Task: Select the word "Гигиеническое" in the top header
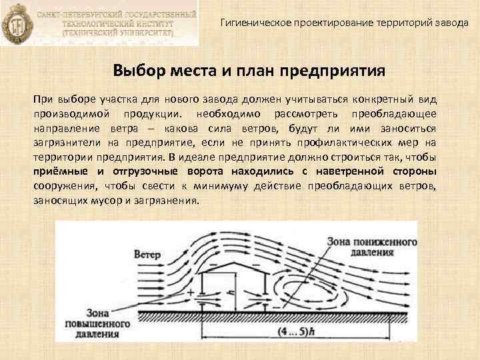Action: click(x=254, y=23)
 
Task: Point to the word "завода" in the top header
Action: click(x=453, y=23)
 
